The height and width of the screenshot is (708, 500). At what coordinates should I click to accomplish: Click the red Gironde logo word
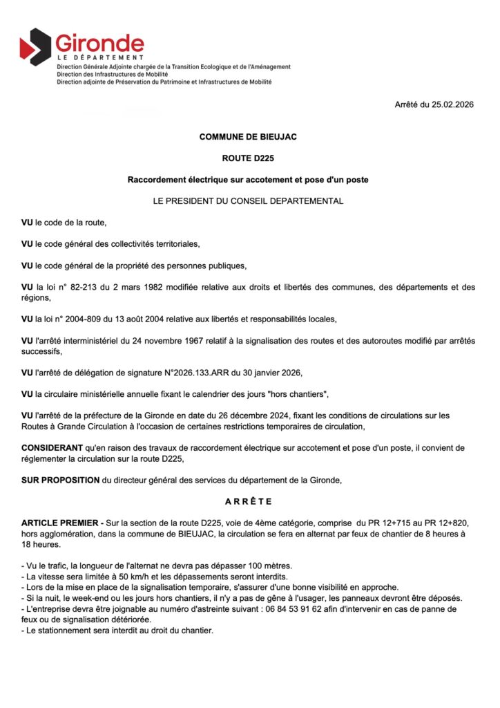point(99,43)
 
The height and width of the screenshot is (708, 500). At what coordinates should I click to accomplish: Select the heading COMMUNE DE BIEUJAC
point(248,137)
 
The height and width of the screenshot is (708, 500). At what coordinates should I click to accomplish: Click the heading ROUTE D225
point(248,158)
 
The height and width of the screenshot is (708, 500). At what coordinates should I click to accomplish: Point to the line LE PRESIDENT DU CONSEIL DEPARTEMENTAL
point(248,201)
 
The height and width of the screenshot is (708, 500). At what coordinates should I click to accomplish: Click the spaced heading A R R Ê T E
point(248,501)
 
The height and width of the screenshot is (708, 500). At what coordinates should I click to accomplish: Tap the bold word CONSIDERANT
point(52,448)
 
